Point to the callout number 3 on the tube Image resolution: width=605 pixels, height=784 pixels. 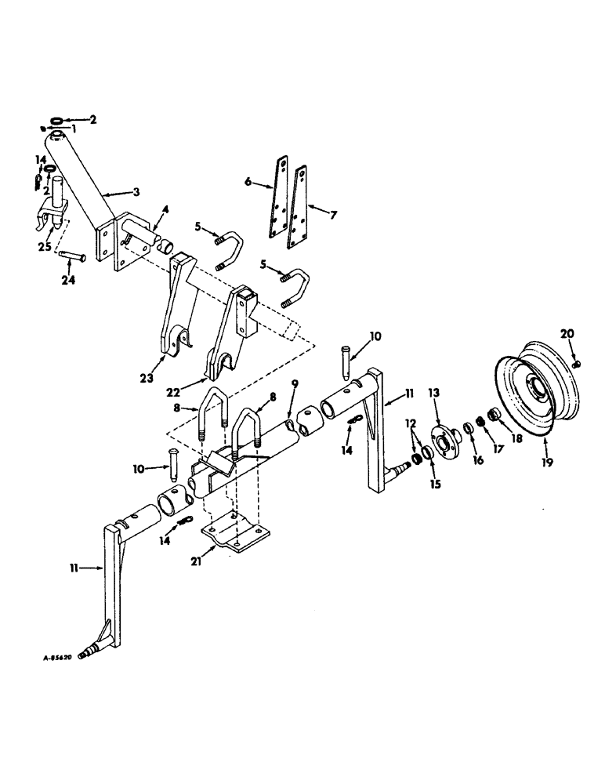(x=139, y=193)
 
